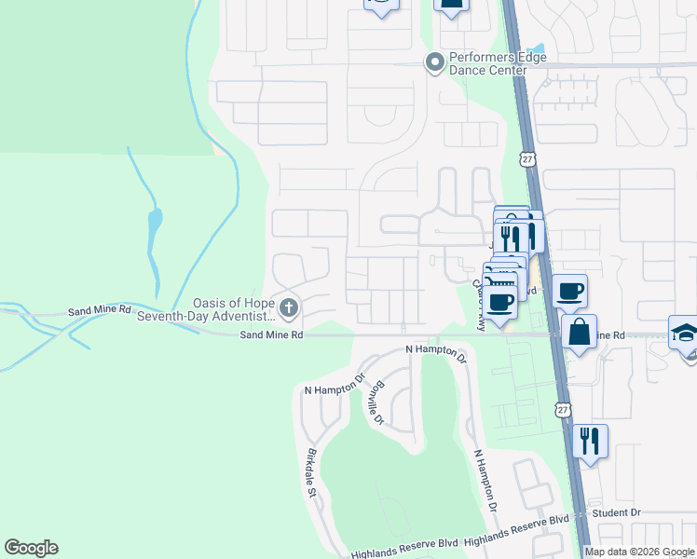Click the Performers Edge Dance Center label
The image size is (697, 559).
[x=498, y=63]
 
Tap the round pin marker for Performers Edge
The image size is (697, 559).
[x=434, y=63]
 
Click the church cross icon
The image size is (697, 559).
[x=289, y=307]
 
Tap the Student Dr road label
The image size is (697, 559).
[x=622, y=512]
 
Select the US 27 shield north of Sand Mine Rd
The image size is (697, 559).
[x=528, y=159]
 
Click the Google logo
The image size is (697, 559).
[x=31, y=548]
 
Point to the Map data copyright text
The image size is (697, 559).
[x=640, y=552]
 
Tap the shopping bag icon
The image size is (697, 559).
[x=579, y=332]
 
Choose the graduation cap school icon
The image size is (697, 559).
[x=685, y=332]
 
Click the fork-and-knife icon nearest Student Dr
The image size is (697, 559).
[x=590, y=441]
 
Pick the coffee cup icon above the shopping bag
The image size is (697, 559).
[x=569, y=290]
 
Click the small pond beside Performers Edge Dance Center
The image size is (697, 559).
[x=536, y=51]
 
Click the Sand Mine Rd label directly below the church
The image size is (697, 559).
[x=271, y=334]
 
